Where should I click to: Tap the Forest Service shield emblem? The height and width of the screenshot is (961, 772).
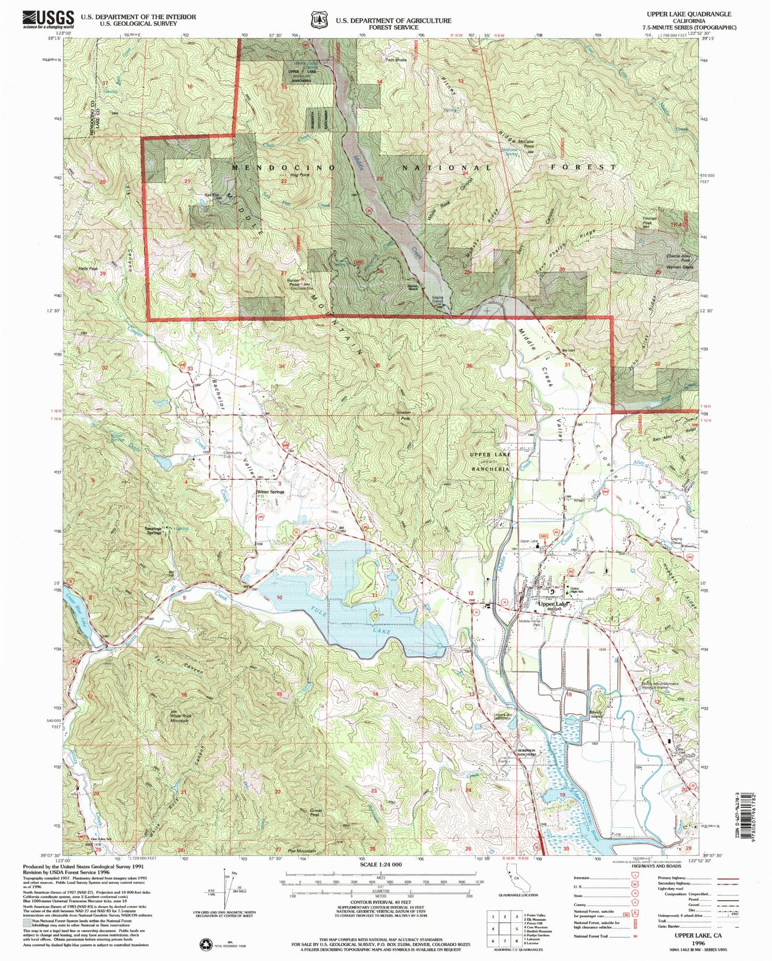(x=319, y=20)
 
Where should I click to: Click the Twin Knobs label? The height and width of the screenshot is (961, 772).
(x=396, y=60)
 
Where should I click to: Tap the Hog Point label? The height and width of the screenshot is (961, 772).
(x=300, y=175)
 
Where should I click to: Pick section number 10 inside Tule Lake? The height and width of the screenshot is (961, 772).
(x=279, y=598)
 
